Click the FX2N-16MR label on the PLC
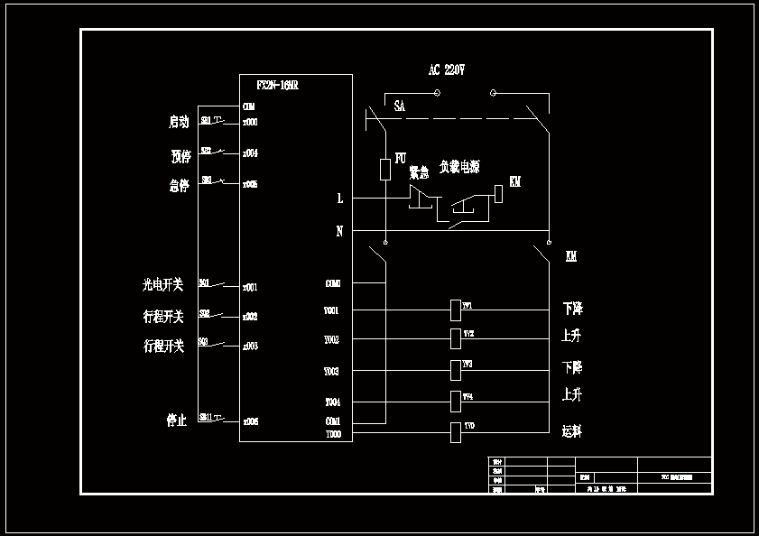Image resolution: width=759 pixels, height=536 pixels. tap(277, 86)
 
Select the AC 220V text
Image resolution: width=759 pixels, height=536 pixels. tap(446, 69)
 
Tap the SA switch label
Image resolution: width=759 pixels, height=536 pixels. tap(399, 106)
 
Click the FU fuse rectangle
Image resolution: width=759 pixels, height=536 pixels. tap(385, 169)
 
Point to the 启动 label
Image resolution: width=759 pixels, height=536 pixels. tap(179, 121)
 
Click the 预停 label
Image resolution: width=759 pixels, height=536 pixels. tap(180, 156)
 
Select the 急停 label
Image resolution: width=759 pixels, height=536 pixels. tap(179, 186)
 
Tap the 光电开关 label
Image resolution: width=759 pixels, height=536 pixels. tap(162, 285)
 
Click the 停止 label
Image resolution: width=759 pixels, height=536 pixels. tap(176, 420)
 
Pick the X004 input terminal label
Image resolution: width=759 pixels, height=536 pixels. tap(250, 153)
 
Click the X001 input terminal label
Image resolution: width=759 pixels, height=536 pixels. tap(250, 288)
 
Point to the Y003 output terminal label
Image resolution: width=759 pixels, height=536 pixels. tap(331, 372)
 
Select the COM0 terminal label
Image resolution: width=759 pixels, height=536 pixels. tap(332, 283)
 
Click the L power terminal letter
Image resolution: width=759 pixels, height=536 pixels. tap(339, 198)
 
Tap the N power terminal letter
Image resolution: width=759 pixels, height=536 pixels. tap(339, 231)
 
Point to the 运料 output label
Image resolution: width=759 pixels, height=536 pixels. tap(572, 431)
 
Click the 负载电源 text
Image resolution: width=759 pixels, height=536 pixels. tap(459, 167)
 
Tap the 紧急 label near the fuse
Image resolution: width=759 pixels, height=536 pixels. tap(419, 172)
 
